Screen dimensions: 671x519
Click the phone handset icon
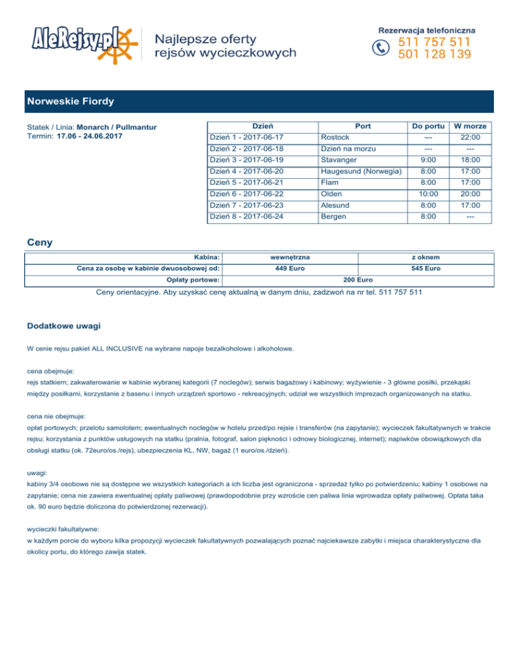383,47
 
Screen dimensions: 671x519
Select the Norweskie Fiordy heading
70,102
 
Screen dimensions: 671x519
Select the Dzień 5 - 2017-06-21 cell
247,182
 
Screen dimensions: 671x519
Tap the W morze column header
470,126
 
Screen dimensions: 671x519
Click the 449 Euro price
291,268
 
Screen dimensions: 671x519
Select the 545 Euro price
427,268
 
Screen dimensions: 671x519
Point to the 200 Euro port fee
357,279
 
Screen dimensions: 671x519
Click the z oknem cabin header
427,257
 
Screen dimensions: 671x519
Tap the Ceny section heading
40,241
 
